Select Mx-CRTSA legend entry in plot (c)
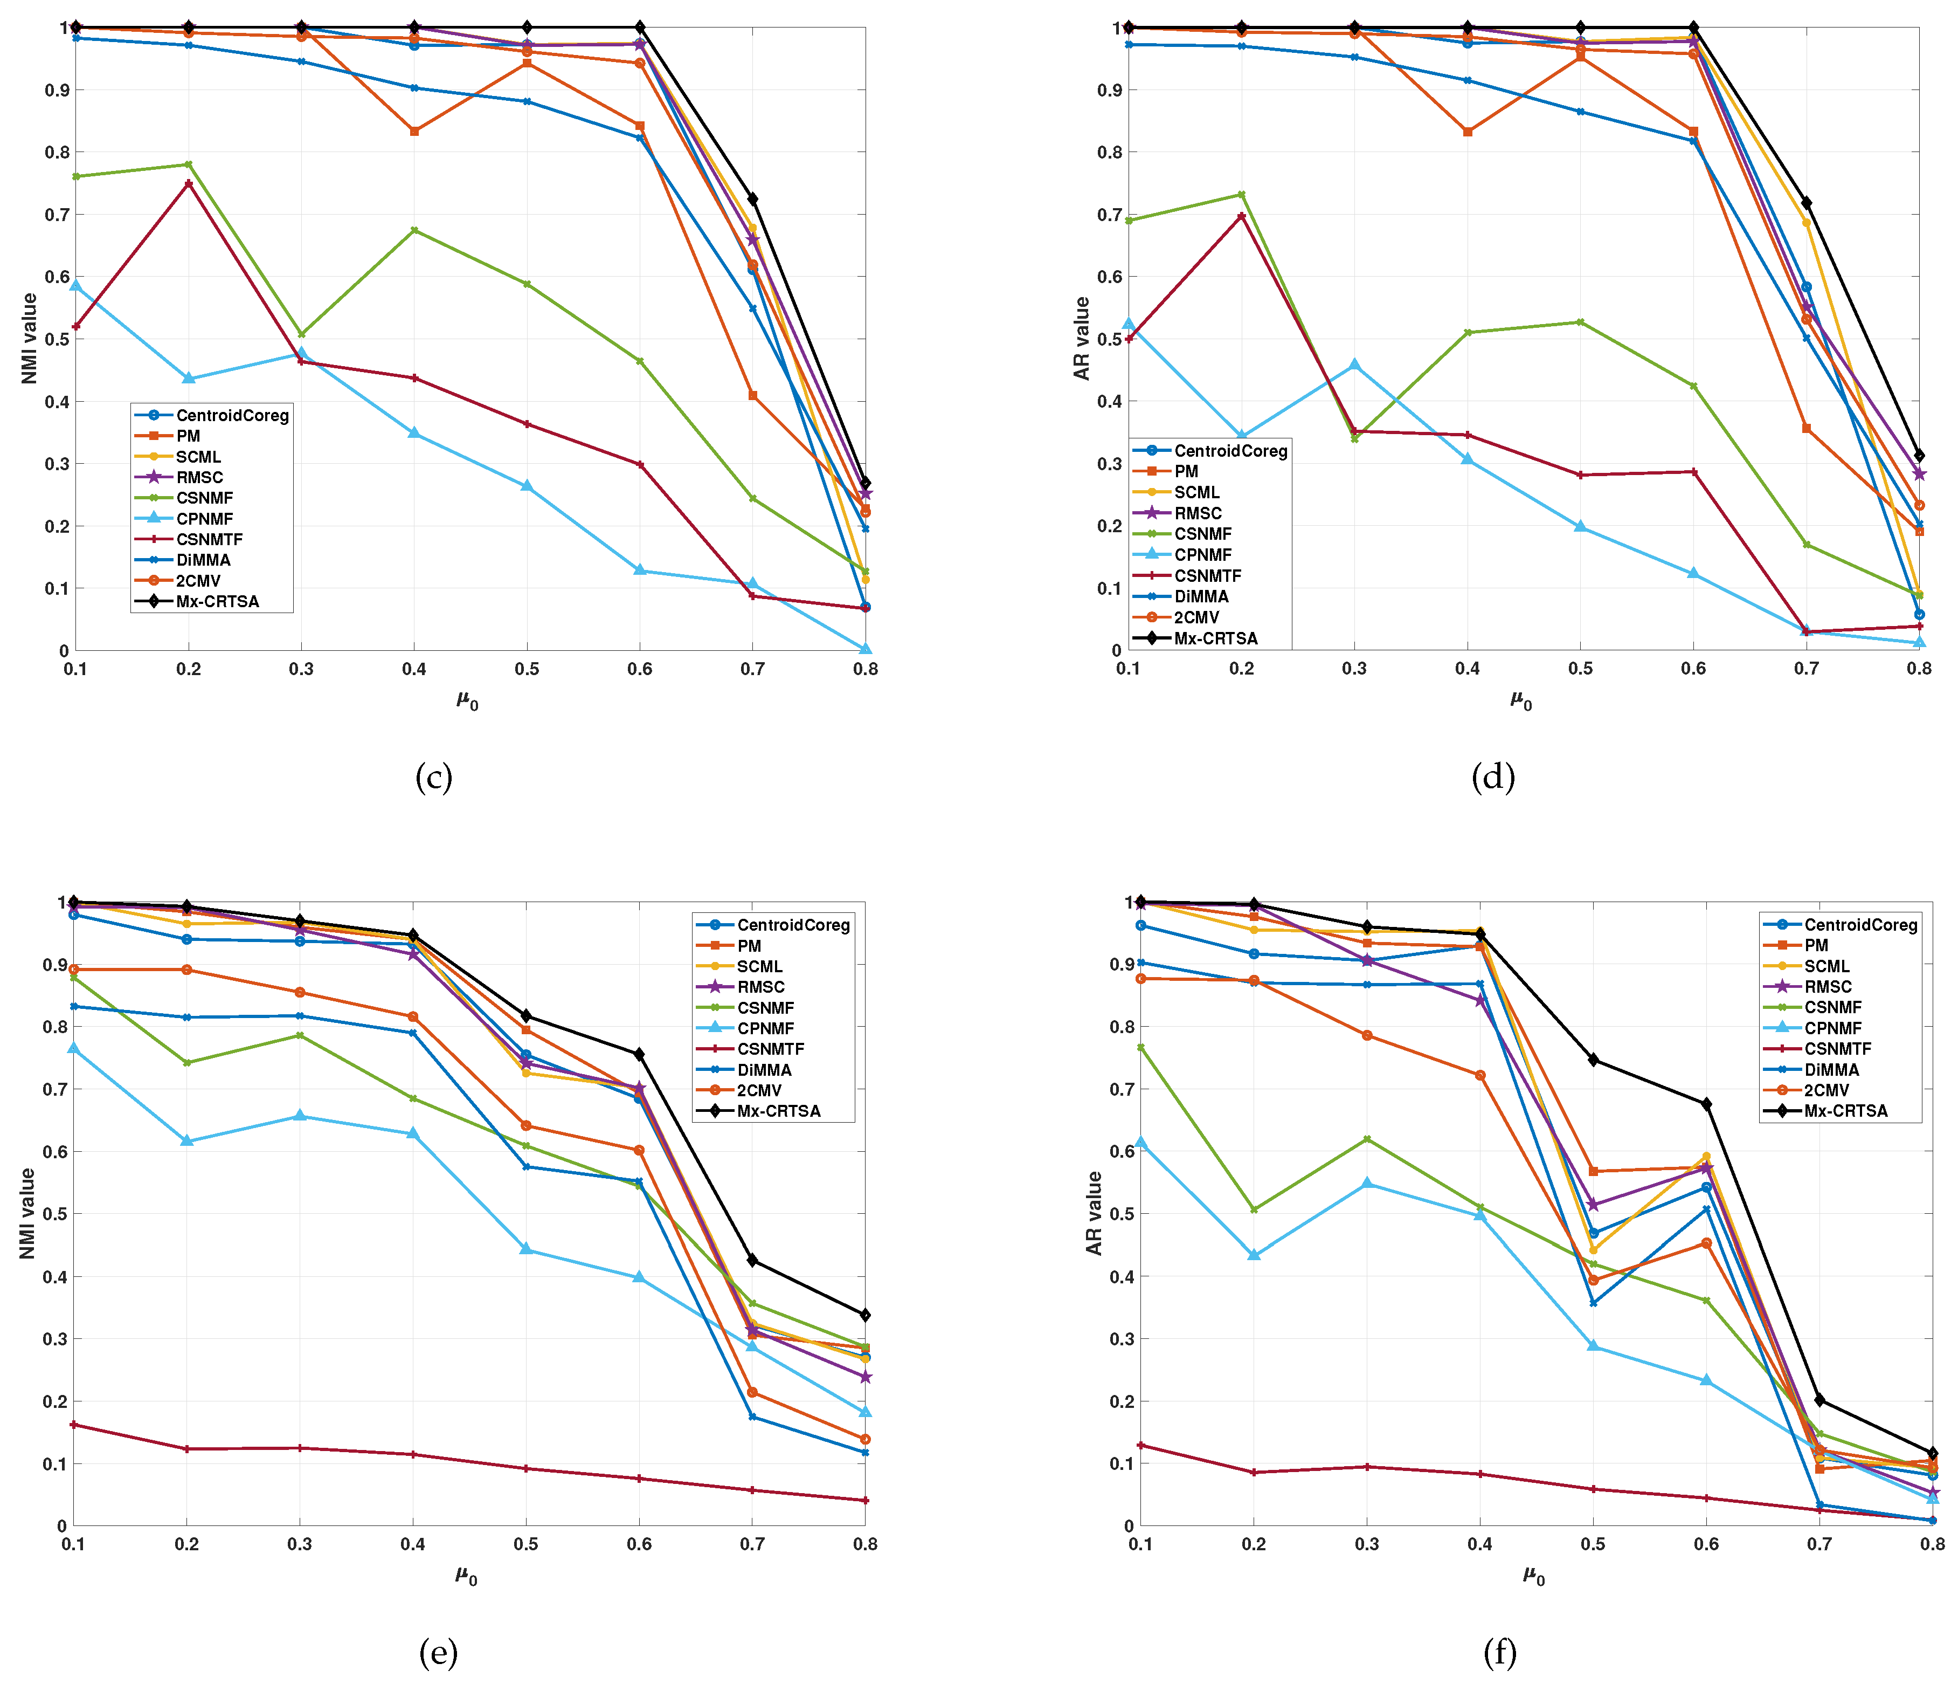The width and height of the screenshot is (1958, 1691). click(x=217, y=601)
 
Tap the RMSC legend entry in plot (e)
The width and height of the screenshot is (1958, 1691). click(x=760, y=987)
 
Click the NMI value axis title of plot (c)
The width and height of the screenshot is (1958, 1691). click(x=29, y=339)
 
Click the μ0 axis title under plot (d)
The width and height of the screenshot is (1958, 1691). click(x=1520, y=700)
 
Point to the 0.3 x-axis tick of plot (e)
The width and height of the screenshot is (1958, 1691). click(x=300, y=1544)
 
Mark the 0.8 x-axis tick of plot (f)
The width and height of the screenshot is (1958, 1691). click(x=1932, y=1544)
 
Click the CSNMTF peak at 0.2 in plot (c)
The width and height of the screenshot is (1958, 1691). click(x=189, y=183)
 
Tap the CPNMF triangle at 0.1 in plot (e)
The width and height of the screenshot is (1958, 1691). click(x=74, y=1048)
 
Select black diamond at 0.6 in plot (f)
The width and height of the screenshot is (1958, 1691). click(x=1706, y=1104)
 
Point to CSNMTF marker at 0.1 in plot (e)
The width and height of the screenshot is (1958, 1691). click(x=74, y=1425)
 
